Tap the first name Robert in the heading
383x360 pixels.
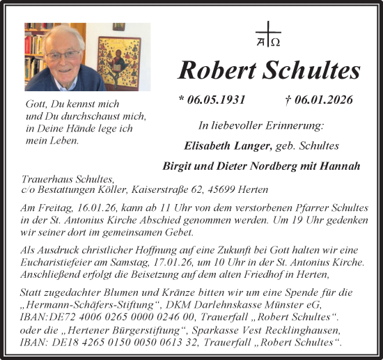tap(219, 70)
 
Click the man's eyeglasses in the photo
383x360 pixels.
tap(61, 55)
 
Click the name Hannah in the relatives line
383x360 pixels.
tap(341, 166)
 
